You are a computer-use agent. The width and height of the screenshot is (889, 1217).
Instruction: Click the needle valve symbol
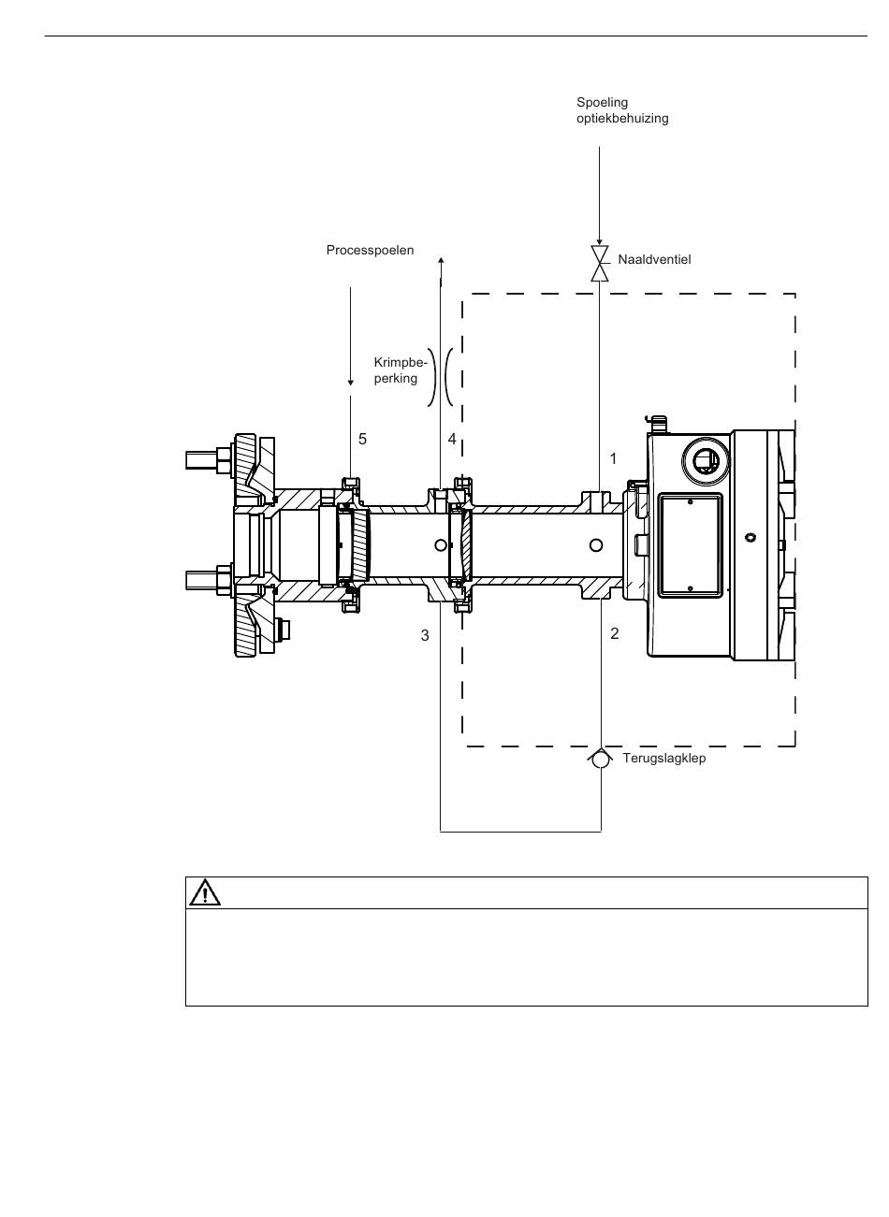pos(599,264)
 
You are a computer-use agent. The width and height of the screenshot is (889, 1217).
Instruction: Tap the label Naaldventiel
pos(654,260)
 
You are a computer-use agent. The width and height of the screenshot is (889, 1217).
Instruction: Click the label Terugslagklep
pos(664,759)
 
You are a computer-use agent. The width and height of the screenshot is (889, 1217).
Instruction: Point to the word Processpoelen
pos(370,251)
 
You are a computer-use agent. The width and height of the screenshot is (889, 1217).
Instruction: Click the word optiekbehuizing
pos(622,119)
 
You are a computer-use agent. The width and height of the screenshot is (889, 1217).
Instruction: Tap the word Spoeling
pos(602,103)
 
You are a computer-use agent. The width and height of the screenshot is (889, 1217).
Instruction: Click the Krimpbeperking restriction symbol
pos(440,377)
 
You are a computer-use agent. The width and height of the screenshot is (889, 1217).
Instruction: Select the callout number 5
pos(362,439)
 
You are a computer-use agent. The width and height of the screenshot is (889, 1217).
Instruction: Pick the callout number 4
pos(452,439)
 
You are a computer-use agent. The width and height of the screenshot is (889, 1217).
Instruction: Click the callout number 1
pos(614,459)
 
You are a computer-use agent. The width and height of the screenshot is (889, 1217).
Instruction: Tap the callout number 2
pos(615,633)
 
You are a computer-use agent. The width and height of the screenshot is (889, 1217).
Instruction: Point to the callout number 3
pos(425,636)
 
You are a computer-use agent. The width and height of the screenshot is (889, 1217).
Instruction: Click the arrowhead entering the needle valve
pos(599,242)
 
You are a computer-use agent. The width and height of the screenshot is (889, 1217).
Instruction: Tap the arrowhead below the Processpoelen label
pos(351,383)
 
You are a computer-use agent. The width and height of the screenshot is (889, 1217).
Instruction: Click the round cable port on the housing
pos(706,461)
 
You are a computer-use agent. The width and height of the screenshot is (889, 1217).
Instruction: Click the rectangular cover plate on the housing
pos(690,545)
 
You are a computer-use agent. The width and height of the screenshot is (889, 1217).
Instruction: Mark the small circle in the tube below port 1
pos(596,545)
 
